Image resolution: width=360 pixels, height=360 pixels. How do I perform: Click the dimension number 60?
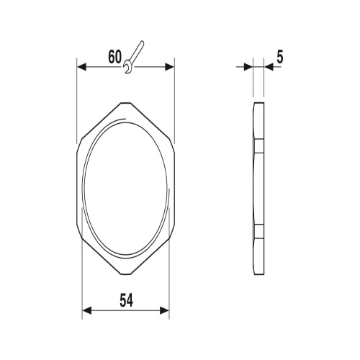coord(114,58)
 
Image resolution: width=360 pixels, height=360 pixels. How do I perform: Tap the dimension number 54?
coord(126,300)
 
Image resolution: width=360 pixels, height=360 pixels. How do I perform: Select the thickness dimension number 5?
coord(280,58)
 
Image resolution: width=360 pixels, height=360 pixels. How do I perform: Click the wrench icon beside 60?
coord(133,57)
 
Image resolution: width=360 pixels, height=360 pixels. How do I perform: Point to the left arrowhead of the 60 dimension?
coord(81,67)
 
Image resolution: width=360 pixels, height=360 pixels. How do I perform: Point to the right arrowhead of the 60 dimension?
coord(170,67)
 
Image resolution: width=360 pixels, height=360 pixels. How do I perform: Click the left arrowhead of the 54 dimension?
coord(87,310)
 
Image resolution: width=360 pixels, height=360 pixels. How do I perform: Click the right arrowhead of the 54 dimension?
coord(165,310)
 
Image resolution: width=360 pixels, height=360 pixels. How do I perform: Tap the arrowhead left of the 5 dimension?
coord(248,67)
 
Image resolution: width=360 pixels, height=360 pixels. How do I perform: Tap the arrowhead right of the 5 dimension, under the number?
coord(269,67)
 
